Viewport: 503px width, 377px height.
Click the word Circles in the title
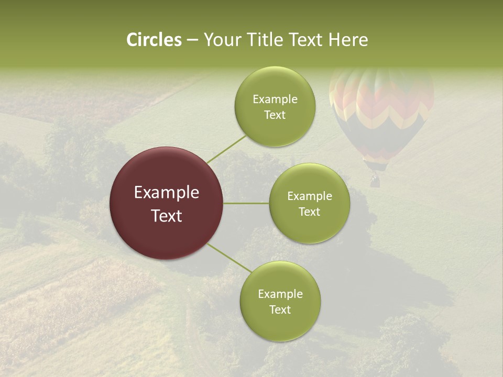pos(154,40)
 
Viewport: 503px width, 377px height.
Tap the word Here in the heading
pos(348,40)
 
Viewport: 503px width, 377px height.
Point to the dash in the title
pos(192,40)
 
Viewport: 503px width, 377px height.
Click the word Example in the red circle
pos(167,193)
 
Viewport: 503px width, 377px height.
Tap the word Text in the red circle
pos(167,216)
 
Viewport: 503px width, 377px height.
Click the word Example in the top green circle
pos(275,99)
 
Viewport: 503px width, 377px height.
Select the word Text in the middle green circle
pos(309,212)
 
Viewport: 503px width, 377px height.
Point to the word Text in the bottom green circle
pos(280,309)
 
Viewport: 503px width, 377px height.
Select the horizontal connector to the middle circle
pos(246,203)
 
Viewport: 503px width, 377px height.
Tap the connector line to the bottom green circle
pos(229,258)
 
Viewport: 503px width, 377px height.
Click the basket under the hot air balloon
pos(375,181)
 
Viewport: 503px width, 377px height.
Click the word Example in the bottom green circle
pos(280,294)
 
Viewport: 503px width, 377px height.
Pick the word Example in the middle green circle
pos(309,196)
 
